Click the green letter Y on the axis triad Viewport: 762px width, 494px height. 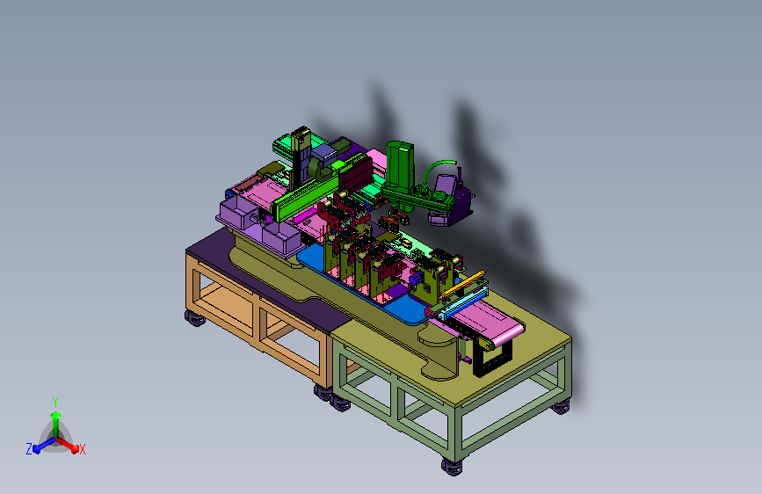click(x=55, y=402)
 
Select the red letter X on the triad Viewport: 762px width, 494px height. click(x=82, y=449)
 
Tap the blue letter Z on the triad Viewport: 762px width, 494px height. click(x=29, y=449)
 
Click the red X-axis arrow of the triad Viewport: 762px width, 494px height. click(x=68, y=445)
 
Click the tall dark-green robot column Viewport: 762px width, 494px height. click(x=401, y=166)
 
